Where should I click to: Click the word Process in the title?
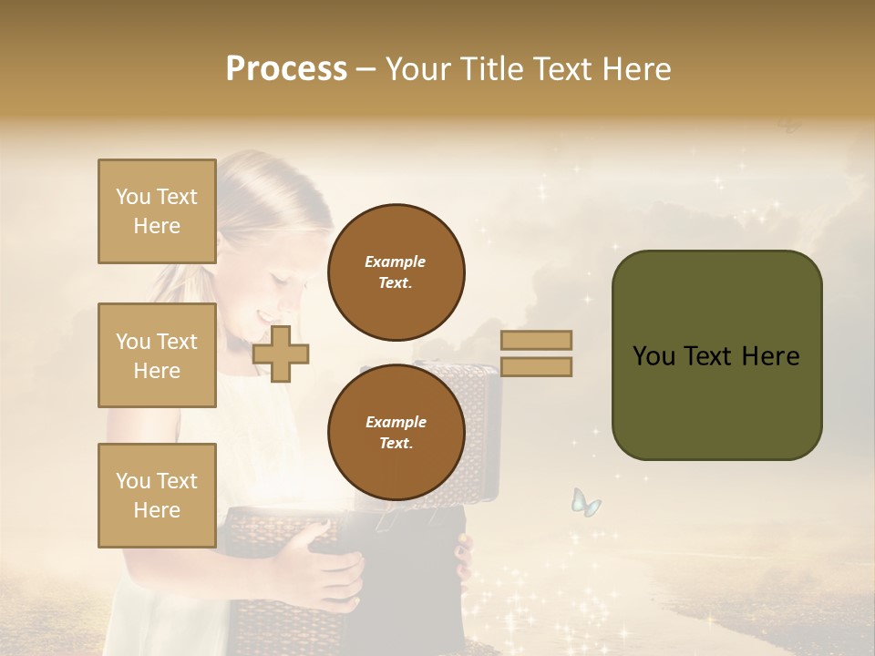[286, 69]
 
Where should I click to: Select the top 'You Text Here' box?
[157, 211]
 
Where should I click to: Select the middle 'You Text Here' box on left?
[157, 355]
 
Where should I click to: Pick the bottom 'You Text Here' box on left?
[157, 496]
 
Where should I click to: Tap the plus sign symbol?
[281, 354]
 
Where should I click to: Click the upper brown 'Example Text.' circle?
[396, 272]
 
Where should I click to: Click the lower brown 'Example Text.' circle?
[396, 432]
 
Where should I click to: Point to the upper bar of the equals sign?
[536, 340]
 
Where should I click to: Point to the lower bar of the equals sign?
[536, 367]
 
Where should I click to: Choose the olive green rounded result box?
[716, 355]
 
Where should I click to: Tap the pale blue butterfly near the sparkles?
[585, 502]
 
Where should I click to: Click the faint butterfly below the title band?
[790, 125]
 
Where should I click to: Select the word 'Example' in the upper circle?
[396, 261]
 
